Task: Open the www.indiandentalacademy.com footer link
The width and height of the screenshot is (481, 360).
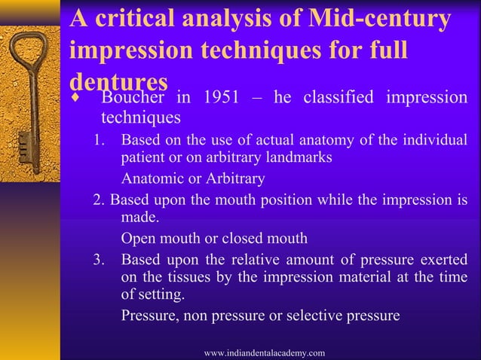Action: pyautogui.click(x=265, y=352)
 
